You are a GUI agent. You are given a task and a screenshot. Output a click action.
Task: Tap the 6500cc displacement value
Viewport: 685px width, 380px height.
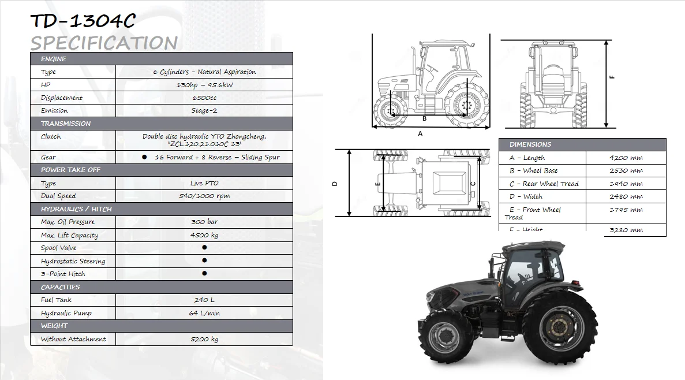204,98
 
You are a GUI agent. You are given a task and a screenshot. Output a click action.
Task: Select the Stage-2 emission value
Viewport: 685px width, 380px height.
204,111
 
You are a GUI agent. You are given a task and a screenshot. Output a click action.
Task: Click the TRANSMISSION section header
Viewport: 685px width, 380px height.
66,124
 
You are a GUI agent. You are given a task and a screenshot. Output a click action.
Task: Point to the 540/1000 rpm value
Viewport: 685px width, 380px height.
204,196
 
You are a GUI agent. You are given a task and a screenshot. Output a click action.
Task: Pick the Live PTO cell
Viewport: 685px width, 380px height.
204,183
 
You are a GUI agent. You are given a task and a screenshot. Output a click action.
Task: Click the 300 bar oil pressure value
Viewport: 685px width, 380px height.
204,222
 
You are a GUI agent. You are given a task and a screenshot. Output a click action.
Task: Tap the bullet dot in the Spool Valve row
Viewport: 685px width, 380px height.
204,248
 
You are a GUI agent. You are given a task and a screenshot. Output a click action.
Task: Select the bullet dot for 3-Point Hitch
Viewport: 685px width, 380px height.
204,274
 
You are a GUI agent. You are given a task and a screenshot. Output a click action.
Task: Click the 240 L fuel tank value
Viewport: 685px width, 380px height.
204,300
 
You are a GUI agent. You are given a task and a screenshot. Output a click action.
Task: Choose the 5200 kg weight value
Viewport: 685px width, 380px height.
204,340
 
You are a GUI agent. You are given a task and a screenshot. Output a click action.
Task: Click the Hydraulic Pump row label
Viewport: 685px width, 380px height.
66,313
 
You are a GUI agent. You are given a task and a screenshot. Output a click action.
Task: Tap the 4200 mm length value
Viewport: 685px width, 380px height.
626,158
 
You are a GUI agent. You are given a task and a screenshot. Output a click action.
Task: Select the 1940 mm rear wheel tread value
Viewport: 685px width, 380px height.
626,184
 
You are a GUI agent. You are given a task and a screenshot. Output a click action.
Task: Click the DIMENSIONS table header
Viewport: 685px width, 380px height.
530,144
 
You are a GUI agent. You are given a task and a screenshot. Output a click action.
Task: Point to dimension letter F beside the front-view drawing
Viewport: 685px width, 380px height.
613,77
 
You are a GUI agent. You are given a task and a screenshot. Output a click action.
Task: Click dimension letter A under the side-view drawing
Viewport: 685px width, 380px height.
420,133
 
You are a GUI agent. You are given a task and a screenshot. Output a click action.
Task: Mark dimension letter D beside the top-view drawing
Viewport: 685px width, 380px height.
335,184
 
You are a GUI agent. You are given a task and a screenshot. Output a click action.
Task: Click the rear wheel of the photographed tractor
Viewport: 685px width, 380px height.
559,327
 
